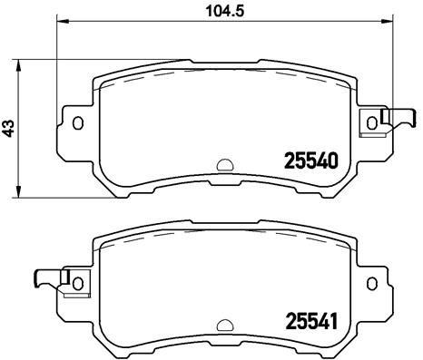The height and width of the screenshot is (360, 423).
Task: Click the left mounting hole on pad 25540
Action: click(77, 123)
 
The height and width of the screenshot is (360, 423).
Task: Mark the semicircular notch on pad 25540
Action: click(222, 166)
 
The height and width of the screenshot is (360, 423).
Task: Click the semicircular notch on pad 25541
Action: click(222, 324)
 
